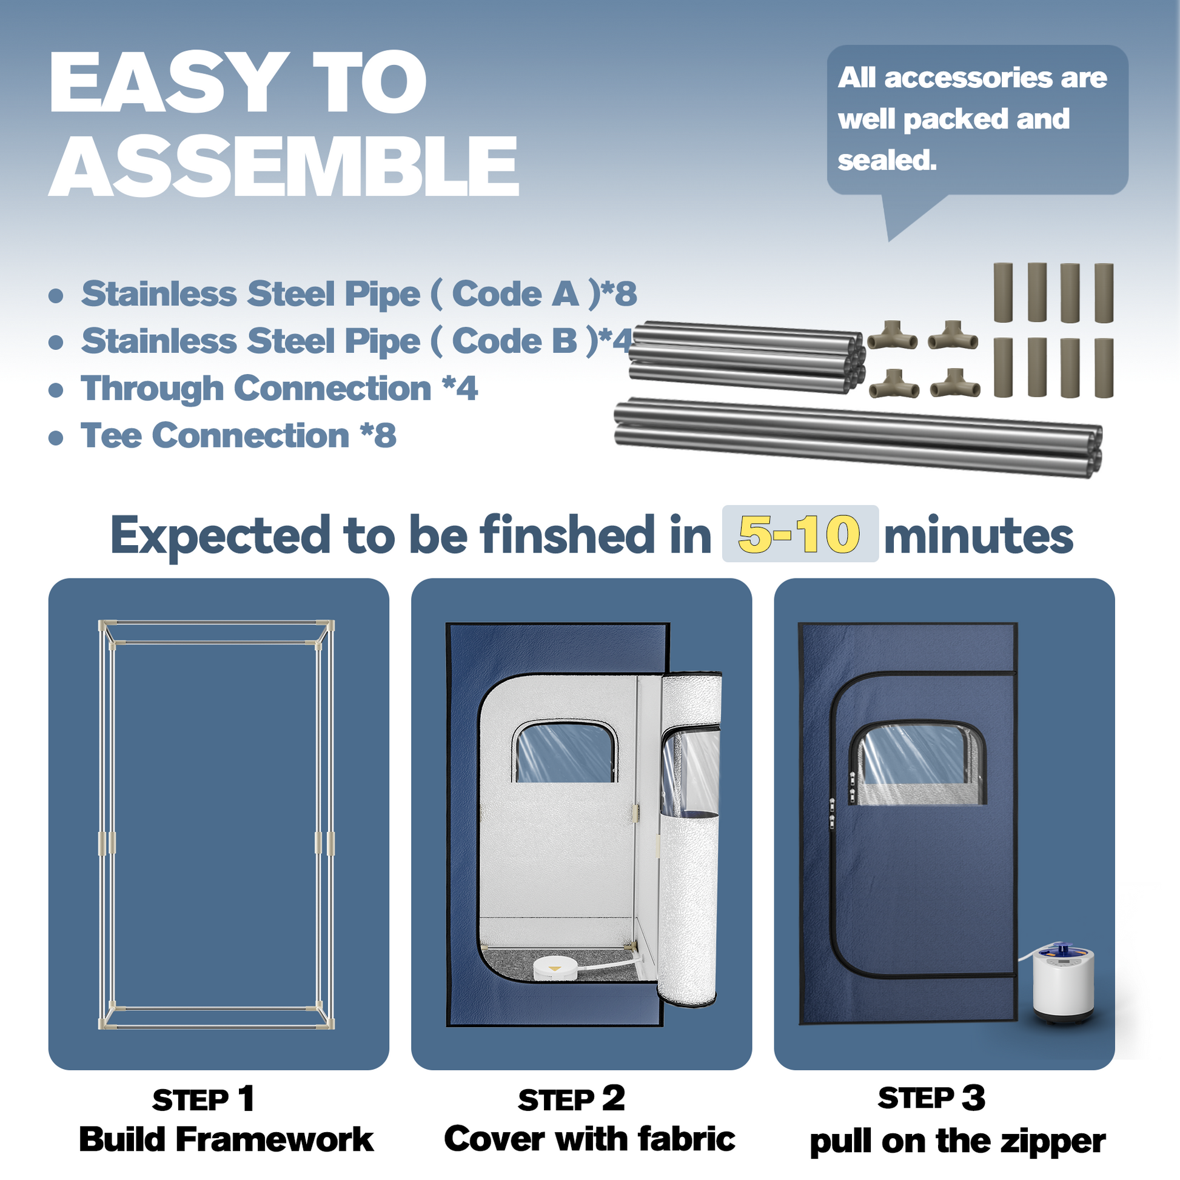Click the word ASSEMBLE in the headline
click(284, 166)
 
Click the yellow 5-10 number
click(799, 534)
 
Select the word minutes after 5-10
click(979, 536)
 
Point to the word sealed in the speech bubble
click(887, 161)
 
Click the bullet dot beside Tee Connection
click(56, 437)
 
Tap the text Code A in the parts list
click(515, 293)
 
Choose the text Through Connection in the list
click(256, 389)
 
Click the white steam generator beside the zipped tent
click(1064, 983)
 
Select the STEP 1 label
click(203, 1099)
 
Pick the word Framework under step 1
click(275, 1140)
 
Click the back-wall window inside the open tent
click(565, 753)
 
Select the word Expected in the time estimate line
click(220, 536)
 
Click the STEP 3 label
click(931, 1098)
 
